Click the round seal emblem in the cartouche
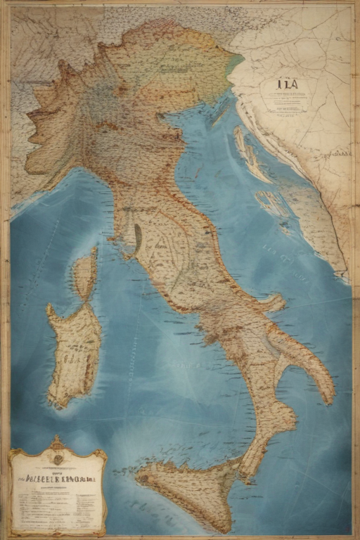click(57, 458)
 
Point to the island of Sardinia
click(75, 352)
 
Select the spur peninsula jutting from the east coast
click(274, 304)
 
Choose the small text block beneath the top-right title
click(289, 103)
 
